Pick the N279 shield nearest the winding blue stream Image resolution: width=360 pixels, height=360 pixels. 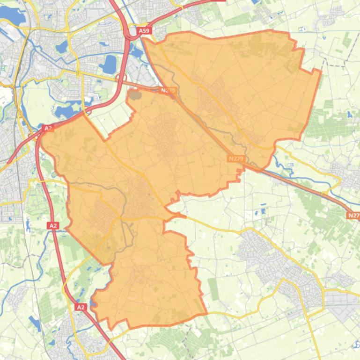236,159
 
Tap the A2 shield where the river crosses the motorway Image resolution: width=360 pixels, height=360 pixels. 53,226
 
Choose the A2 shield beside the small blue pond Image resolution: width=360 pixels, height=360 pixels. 81,307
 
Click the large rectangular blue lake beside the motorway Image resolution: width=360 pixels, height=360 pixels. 109,65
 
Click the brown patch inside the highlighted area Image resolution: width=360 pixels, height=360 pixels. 135,95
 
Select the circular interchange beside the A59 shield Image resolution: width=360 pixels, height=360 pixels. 131,35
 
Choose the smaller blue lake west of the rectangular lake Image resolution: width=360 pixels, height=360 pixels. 62,46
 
